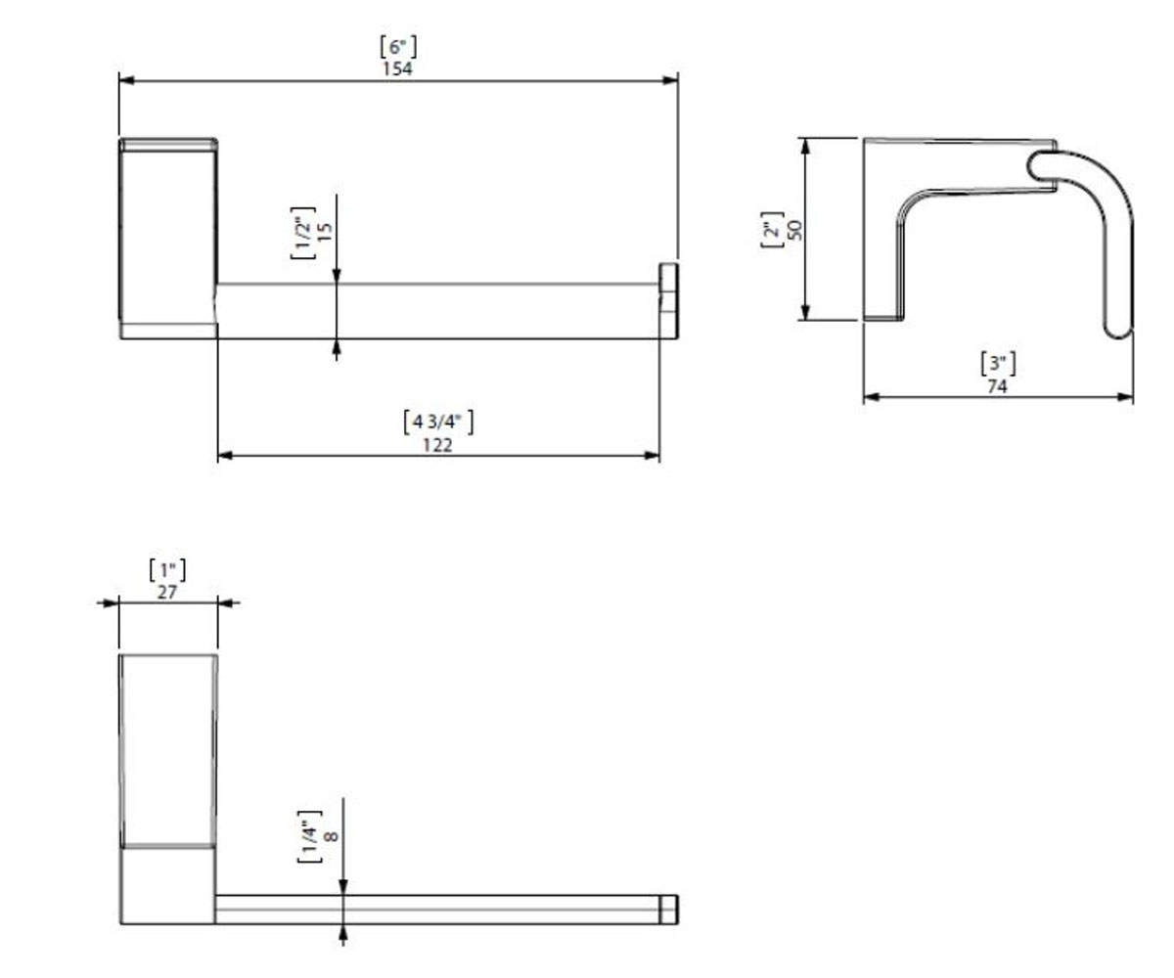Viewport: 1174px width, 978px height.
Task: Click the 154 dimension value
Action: pos(397,68)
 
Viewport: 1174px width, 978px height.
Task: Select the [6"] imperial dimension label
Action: pos(398,47)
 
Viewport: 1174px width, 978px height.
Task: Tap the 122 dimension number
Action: pos(437,445)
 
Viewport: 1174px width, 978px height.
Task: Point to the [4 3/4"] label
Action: pos(438,422)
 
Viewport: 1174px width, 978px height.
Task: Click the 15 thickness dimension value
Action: pos(326,232)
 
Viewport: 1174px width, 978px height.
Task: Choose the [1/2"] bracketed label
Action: pos(302,233)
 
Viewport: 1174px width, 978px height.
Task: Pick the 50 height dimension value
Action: pos(795,230)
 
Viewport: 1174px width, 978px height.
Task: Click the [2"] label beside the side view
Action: pos(772,230)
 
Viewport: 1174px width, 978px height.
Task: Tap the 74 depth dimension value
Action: pos(997,386)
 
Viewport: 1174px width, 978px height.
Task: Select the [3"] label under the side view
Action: pos(998,364)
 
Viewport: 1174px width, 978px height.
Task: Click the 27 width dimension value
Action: pos(167,593)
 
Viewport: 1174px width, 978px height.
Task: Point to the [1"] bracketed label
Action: pos(167,570)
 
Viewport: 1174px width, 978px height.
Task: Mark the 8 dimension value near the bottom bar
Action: pos(332,836)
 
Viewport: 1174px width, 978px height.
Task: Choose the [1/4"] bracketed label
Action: pos(309,837)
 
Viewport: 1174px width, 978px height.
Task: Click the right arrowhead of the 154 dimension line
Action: pos(670,80)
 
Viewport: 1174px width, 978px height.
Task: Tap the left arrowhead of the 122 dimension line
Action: pos(225,456)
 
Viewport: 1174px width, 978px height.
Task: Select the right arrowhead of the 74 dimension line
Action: pos(1125,397)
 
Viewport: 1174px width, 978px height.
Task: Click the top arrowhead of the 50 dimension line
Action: pos(805,146)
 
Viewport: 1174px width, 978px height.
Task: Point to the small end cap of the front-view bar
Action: pos(669,300)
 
